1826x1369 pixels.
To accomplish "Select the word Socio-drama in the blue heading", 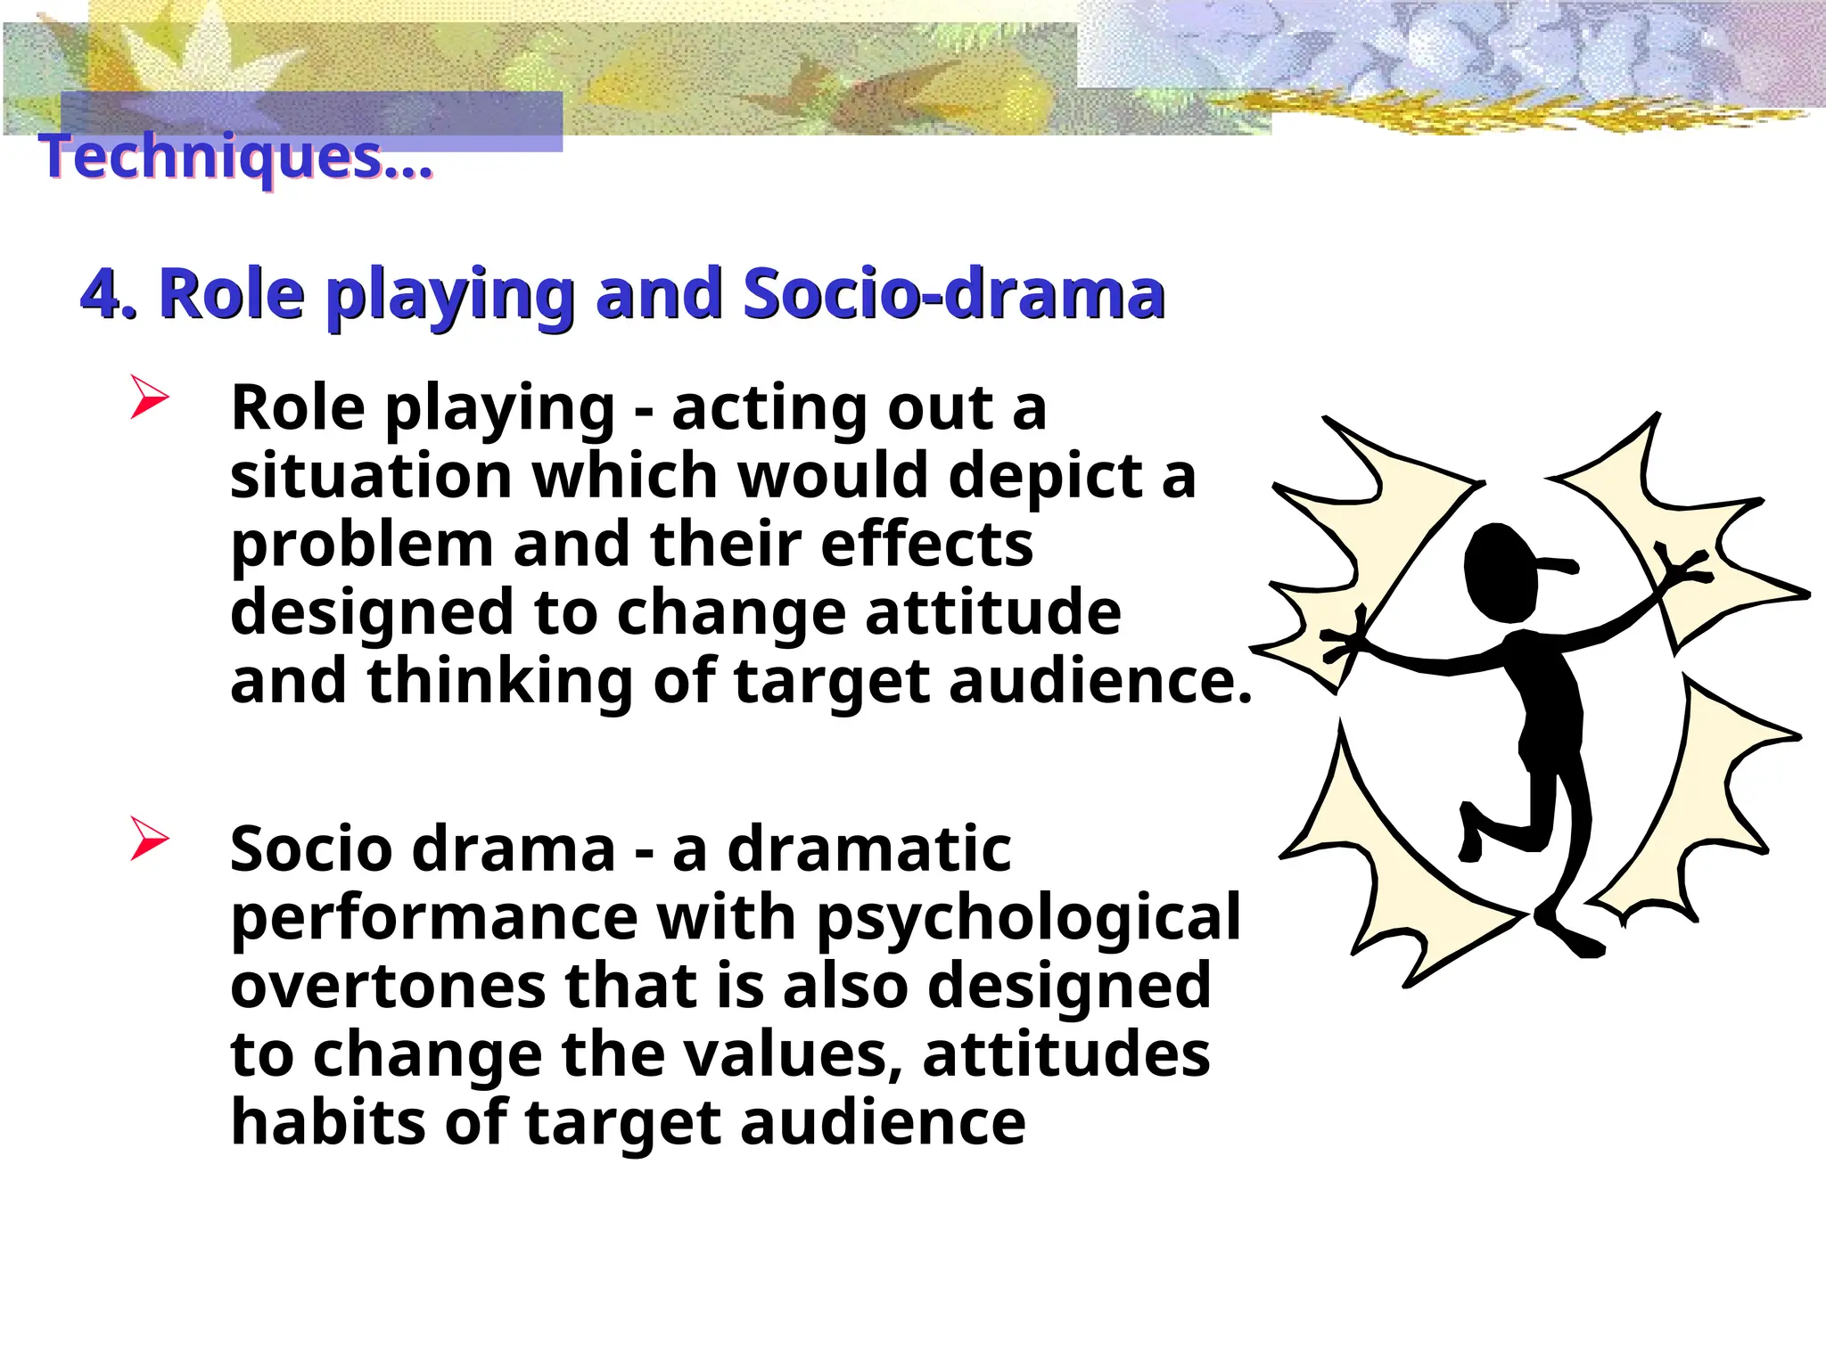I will [x=953, y=294].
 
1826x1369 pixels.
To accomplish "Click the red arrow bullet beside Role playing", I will [x=148, y=398].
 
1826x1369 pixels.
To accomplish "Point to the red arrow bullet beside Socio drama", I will [x=148, y=838].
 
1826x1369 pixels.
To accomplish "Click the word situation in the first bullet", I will [x=371, y=476].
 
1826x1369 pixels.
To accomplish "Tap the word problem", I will [x=361, y=545].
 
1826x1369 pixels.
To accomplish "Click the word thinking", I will [x=499, y=683].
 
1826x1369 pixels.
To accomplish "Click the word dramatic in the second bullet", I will [x=868, y=848].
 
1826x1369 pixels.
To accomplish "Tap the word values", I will [x=794, y=1055].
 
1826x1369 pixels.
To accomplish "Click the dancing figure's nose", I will [x=1560, y=565].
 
